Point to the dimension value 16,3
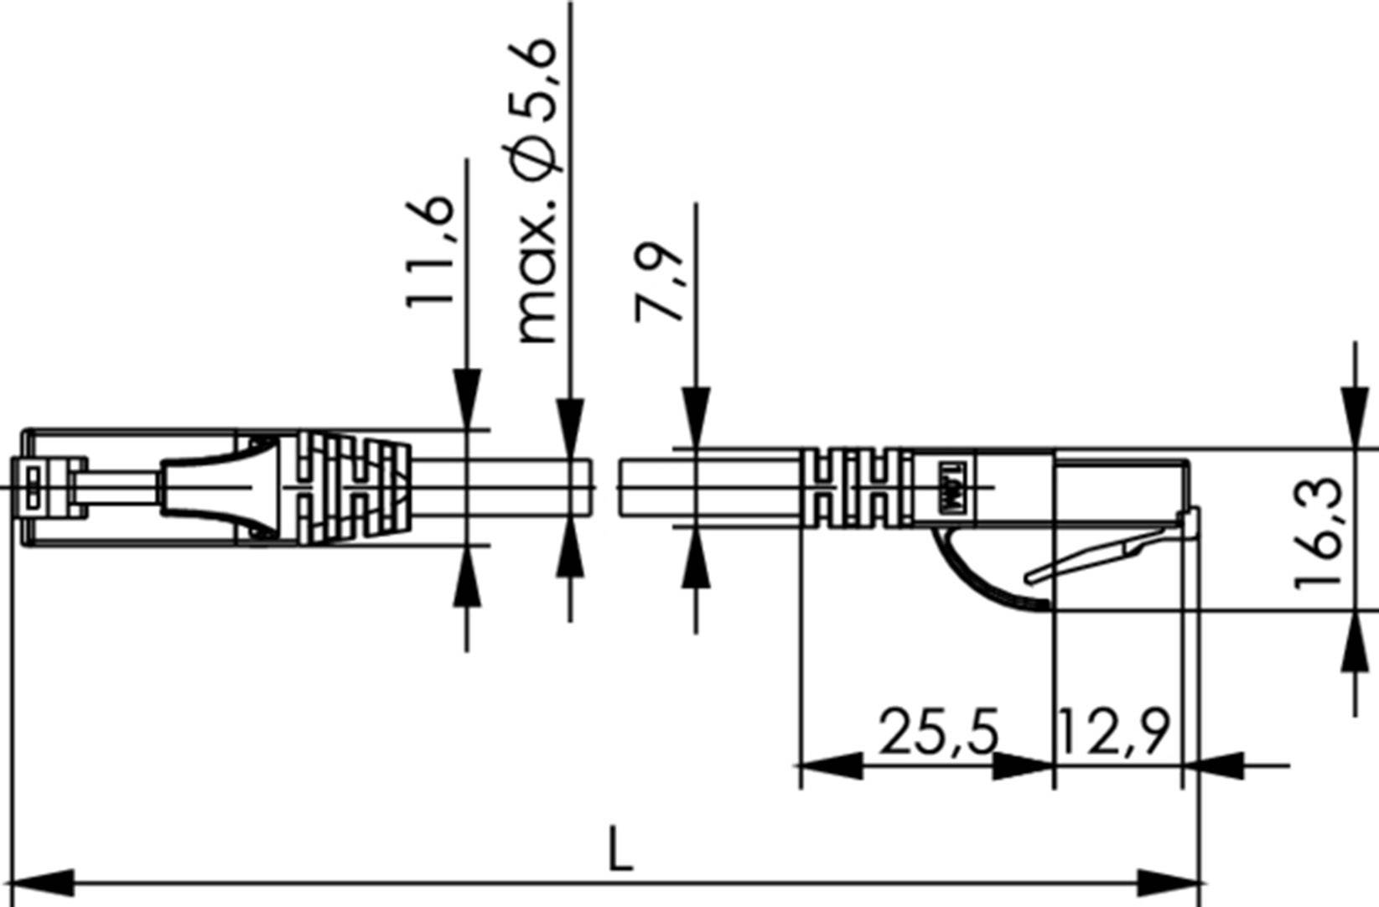pos(1319,532)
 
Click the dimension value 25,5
pos(939,732)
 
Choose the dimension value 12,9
pos(1113,732)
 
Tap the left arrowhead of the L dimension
pos(42,883)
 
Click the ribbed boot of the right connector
pos(855,489)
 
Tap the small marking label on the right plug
pos(951,489)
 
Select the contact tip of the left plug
pos(32,486)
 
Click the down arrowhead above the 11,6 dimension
pos(467,398)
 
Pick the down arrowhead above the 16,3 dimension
pos(1356,416)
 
